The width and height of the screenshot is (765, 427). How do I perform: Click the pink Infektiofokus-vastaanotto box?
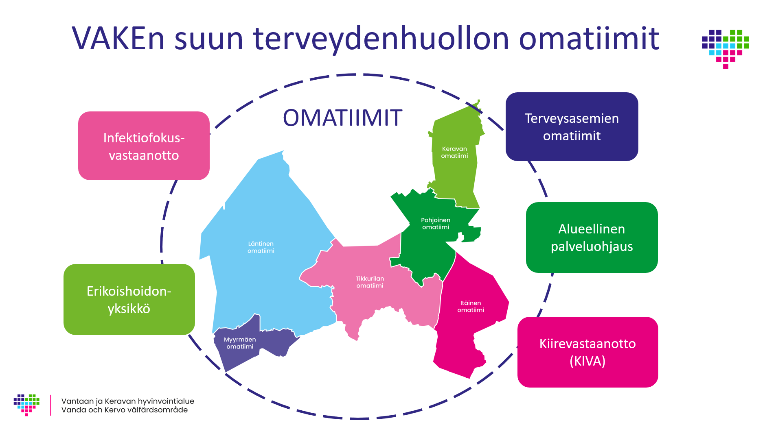point(144,146)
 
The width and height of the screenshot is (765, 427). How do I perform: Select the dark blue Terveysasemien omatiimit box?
point(572,126)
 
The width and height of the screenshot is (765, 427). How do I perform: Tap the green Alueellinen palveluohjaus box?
point(592,237)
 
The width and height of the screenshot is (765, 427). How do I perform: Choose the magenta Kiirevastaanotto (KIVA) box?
point(587,352)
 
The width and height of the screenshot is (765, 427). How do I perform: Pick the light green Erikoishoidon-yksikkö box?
point(129,299)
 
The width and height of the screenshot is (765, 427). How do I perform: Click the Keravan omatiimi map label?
point(454,152)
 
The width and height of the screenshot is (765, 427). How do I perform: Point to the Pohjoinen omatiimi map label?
point(436,224)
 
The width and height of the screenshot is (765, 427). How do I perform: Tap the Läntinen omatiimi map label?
point(261,247)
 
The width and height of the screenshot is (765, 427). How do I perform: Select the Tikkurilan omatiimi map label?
point(370,282)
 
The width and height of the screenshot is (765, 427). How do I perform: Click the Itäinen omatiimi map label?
point(471,307)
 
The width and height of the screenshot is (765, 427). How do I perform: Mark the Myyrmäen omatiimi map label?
point(240,343)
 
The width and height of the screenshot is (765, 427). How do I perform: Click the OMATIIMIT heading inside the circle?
point(342,118)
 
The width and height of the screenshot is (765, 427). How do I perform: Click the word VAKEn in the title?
point(118,39)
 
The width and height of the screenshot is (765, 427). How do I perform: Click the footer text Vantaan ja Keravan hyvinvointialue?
point(128,401)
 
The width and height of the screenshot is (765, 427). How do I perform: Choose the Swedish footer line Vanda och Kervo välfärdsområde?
point(125,410)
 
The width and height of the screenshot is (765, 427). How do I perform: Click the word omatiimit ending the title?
point(589,39)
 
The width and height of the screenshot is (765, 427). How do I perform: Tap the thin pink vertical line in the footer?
point(50,405)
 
